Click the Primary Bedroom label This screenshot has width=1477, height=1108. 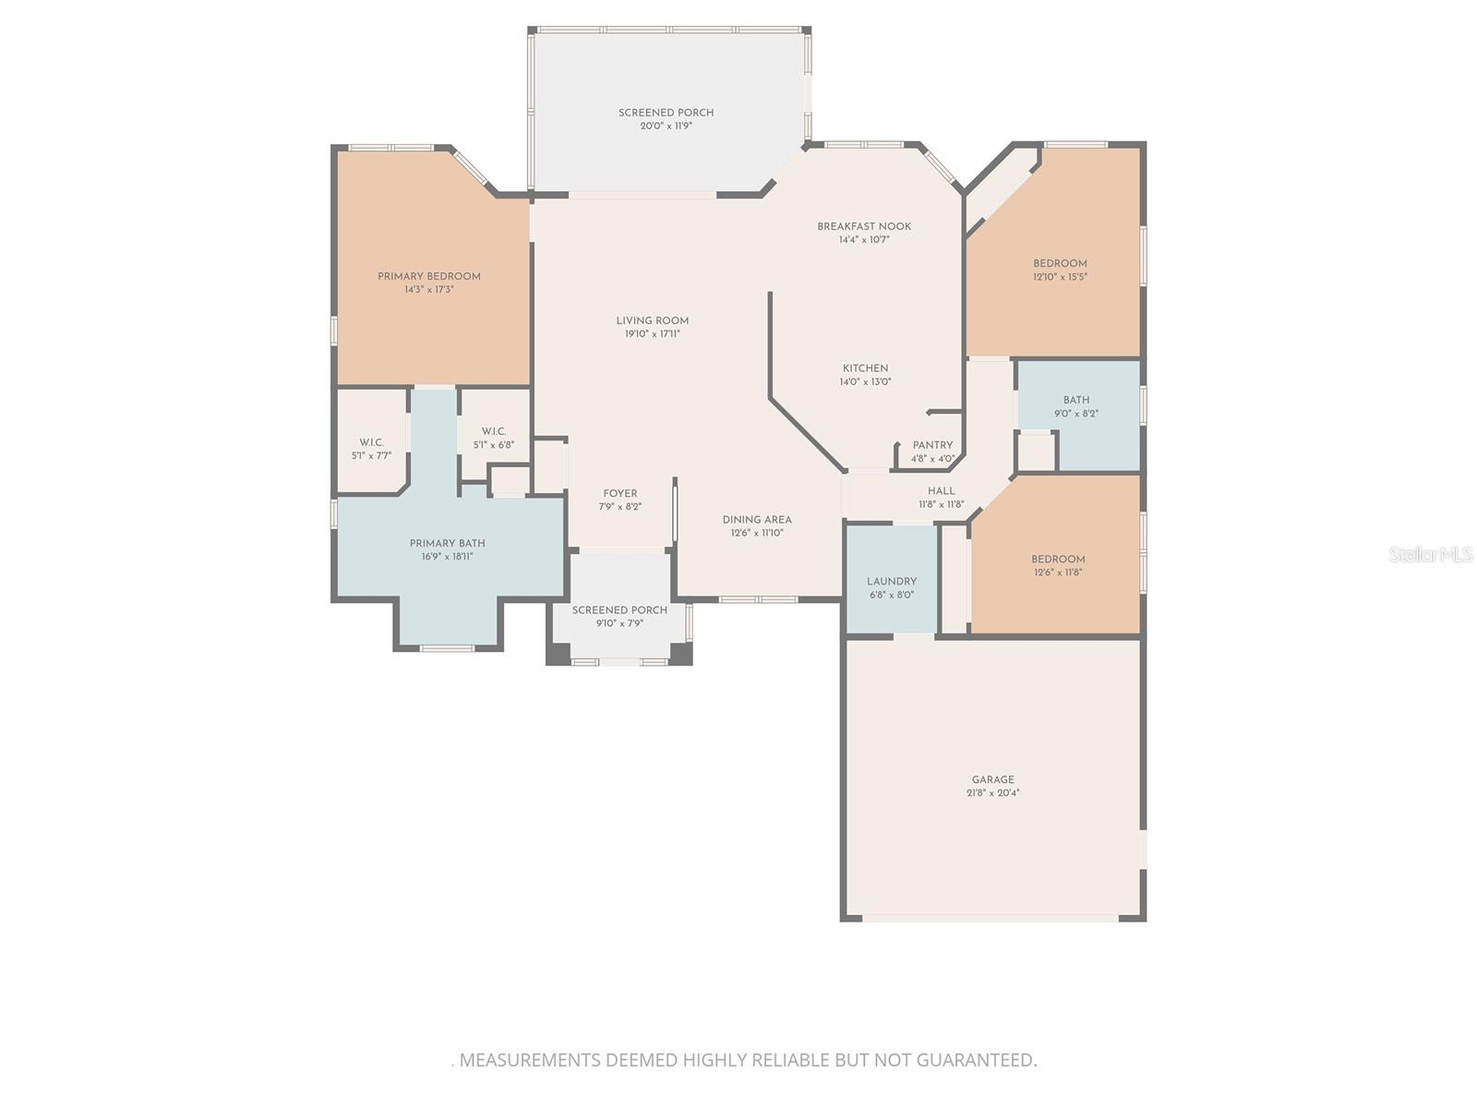pos(429,277)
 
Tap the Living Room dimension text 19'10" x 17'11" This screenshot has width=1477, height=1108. pos(653,334)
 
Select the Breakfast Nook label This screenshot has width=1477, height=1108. pos(864,226)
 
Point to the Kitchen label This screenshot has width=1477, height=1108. pos(865,368)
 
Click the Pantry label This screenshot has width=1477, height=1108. pos(932,445)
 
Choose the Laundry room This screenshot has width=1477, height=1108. pos(892,582)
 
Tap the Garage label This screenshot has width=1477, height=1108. pos(992,779)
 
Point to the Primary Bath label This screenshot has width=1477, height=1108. pos(448,544)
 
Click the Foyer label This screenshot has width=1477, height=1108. pos(620,494)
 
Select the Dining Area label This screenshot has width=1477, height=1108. pos(757,520)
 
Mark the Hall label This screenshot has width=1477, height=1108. pos(942,491)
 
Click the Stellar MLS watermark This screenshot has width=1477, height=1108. pos(1431,555)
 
